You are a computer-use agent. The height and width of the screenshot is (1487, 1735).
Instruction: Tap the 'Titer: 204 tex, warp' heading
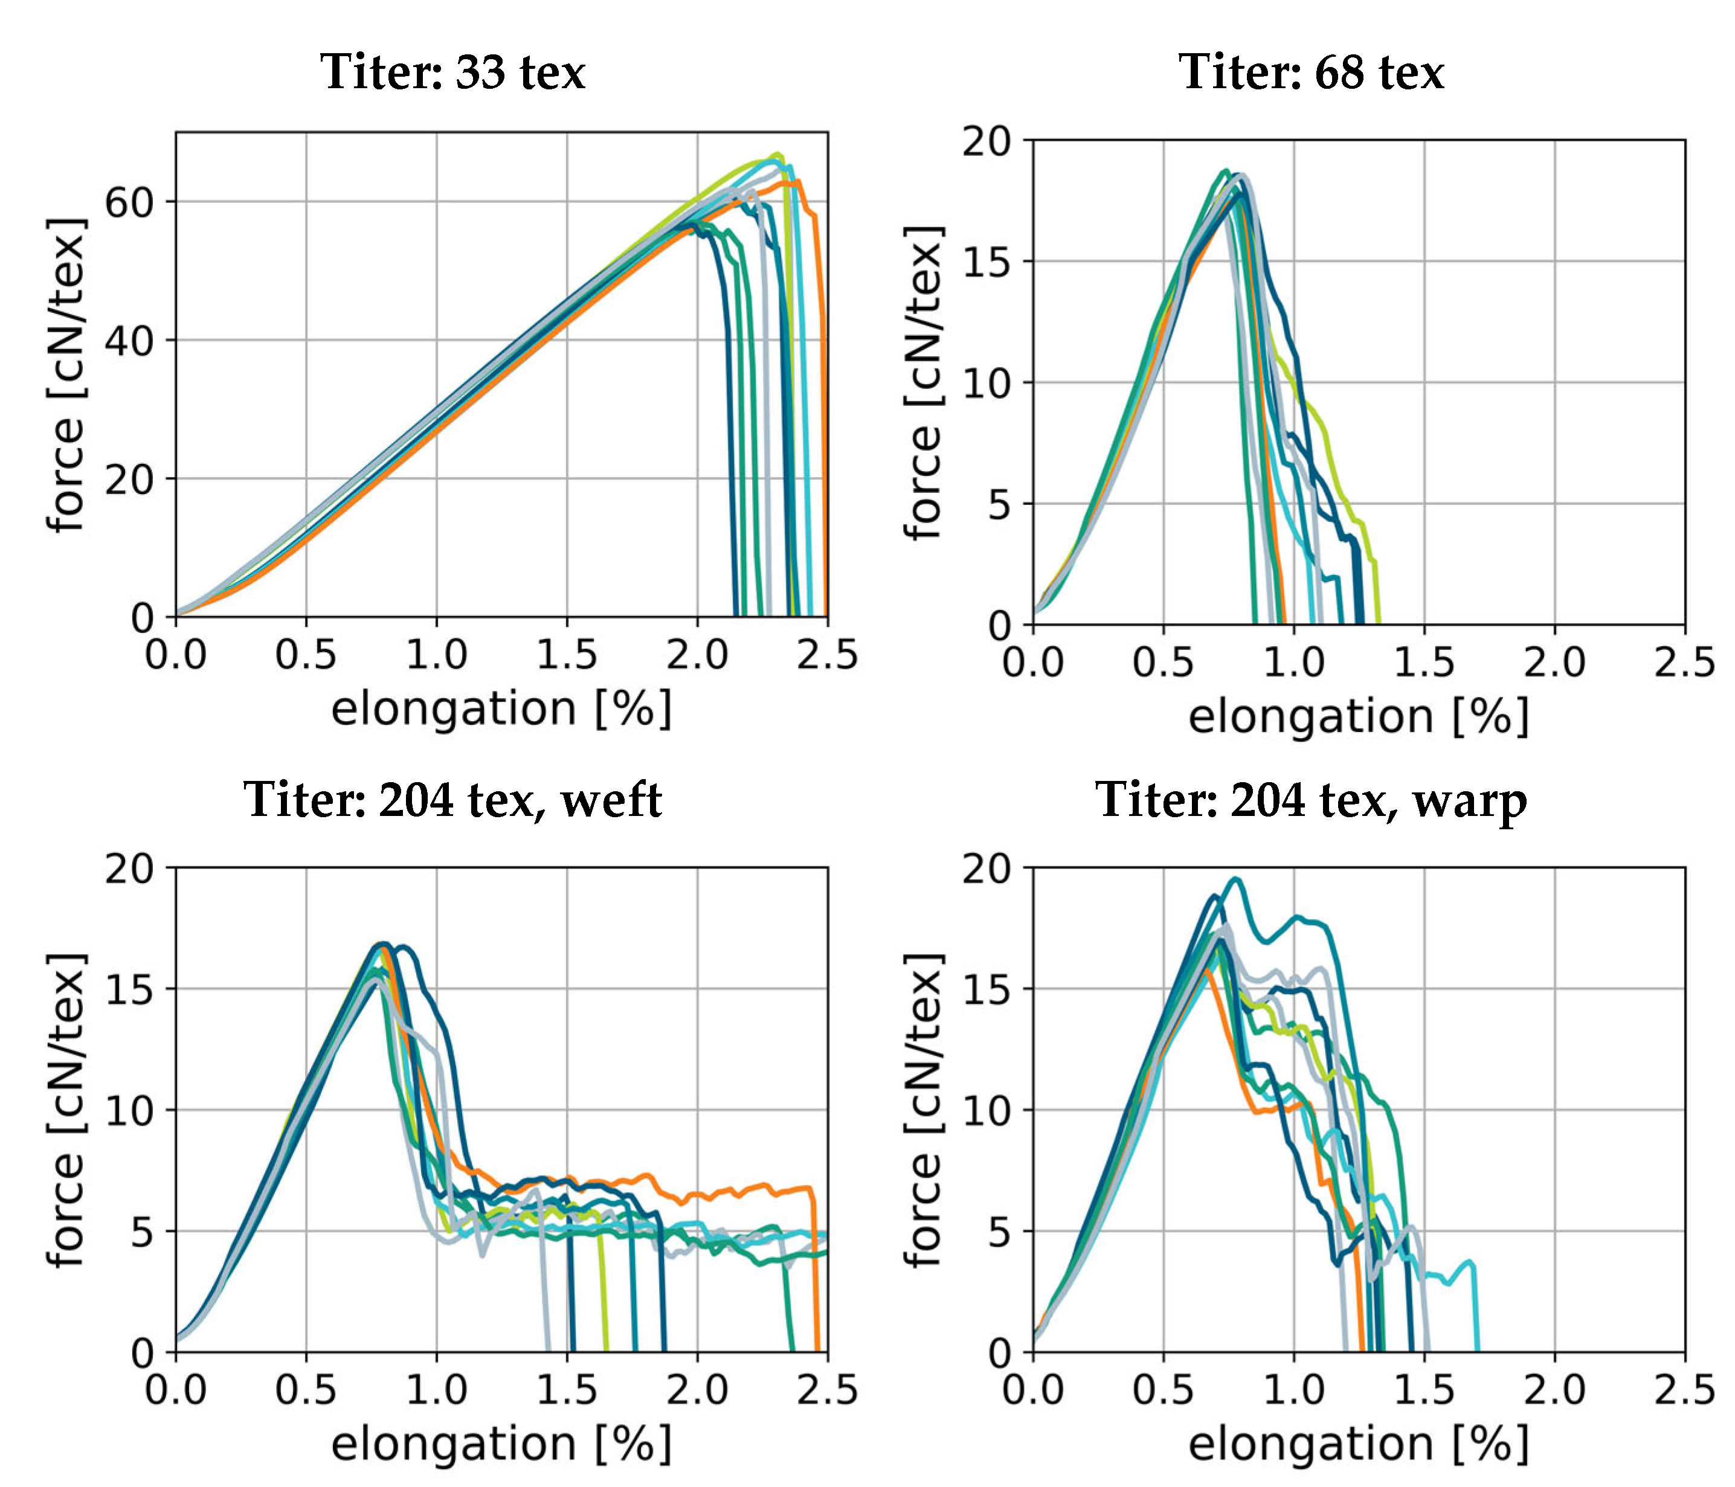pos(1312,801)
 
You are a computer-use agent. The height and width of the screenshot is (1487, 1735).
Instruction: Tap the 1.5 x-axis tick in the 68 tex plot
pos(1424,663)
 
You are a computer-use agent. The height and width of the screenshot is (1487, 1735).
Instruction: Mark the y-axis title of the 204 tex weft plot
pos(66,1110)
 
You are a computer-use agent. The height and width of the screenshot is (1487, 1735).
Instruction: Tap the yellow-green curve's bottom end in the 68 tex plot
pos(1379,623)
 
